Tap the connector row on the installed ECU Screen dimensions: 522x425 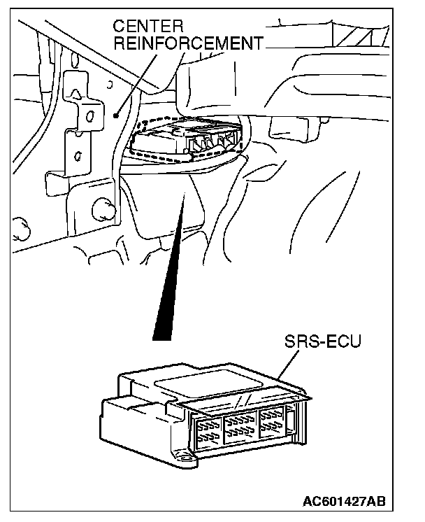click(213, 143)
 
